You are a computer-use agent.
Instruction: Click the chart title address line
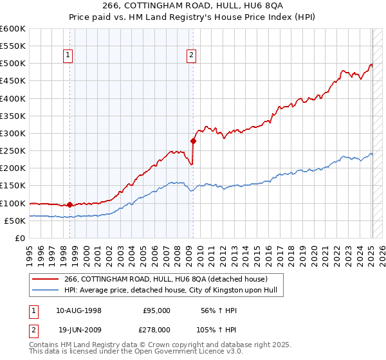coord(193,6)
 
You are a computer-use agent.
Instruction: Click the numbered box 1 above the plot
coord(68,55)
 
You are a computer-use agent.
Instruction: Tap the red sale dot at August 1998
coord(69,205)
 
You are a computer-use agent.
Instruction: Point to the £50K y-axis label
coord(15,221)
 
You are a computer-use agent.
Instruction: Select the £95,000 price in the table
coord(156,310)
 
